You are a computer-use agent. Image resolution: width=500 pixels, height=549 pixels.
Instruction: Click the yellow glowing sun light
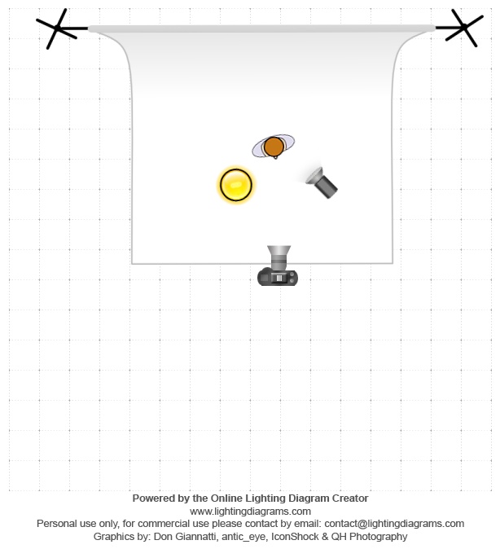pyautogui.click(x=236, y=185)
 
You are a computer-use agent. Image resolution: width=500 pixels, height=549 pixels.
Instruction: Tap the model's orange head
pyautogui.click(x=274, y=147)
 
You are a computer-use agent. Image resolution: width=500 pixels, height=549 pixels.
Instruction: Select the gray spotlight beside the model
pyautogui.click(x=321, y=182)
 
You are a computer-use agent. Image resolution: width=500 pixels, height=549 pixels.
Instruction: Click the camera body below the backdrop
pyautogui.click(x=278, y=277)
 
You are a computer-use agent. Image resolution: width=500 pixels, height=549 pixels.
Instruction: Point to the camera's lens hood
pyautogui.click(x=279, y=252)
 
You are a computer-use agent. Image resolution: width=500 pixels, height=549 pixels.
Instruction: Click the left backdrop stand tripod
pyautogui.click(x=59, y=29)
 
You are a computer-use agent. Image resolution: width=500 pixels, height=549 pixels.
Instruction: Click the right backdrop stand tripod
pyautogui.click(x=462, y=28)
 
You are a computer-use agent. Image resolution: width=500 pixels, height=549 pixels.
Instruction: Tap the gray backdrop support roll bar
pyautogui.click(x=261, y=29)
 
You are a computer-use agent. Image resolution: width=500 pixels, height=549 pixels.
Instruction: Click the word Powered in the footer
pyautogui.click(x=150, y=498)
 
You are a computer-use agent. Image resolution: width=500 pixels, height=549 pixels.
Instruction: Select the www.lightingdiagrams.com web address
pyautogui.click(x=250, y=512)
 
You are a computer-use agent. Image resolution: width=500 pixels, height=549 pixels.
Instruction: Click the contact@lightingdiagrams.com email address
pyautogui.click(x=394, y=524)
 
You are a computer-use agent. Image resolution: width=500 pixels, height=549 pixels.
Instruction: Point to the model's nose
pyautogui.click(x=275, y=157)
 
